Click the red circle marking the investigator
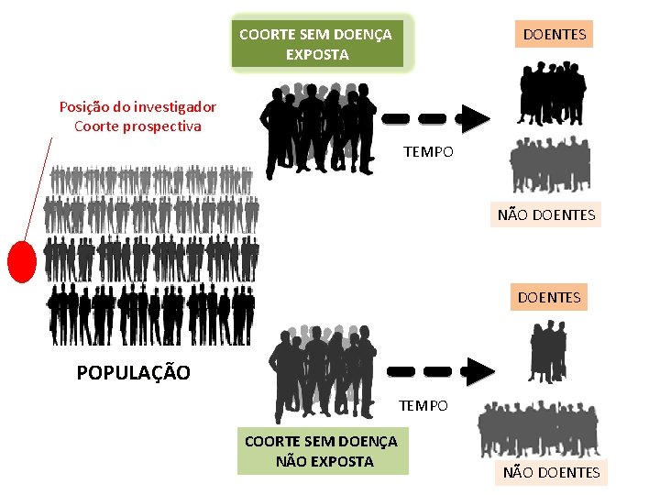tap(21, 260)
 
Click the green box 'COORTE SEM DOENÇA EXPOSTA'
tap(316, 44)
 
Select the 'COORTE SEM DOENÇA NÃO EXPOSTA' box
tap(322, 452)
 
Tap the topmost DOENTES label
tap(554, 34)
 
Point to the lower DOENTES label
tap(548, 297)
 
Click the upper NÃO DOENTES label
tap(546, 215)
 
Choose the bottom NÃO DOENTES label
tap(550, 472)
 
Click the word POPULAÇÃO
tap(134, 373)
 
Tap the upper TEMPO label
tap(428, 151)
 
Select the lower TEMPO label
tap(423, 405)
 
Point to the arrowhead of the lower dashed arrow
tap(478, 371)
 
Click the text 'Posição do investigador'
tap(137, 106)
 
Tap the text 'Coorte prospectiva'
tap(137, 126)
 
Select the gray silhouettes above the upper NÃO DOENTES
tap(550, 165)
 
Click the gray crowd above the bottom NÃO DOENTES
tap(539, 429)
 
